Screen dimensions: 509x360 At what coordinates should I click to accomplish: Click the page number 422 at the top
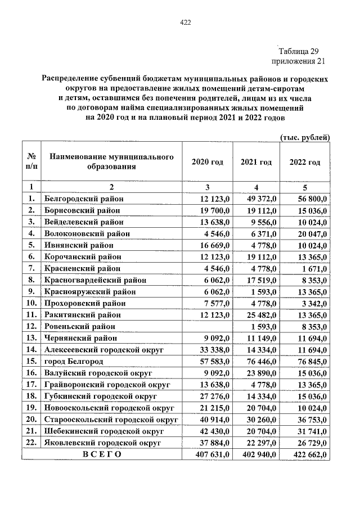(185, 22)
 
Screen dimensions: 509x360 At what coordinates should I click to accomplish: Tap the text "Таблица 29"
(299, 51)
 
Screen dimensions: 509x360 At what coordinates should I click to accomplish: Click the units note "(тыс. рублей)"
(304, 137)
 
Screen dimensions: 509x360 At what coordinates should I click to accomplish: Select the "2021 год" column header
(256, 162)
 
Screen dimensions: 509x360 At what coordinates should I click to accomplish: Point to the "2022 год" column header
(305, 162)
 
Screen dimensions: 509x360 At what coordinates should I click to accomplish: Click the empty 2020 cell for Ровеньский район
(207, 326)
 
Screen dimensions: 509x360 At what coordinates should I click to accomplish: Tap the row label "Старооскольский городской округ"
(111, 419)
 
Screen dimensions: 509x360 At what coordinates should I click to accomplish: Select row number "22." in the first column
(31, 443)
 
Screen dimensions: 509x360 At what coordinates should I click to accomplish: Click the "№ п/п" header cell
(31, 162)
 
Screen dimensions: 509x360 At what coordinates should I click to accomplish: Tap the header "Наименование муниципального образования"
(111, 162)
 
